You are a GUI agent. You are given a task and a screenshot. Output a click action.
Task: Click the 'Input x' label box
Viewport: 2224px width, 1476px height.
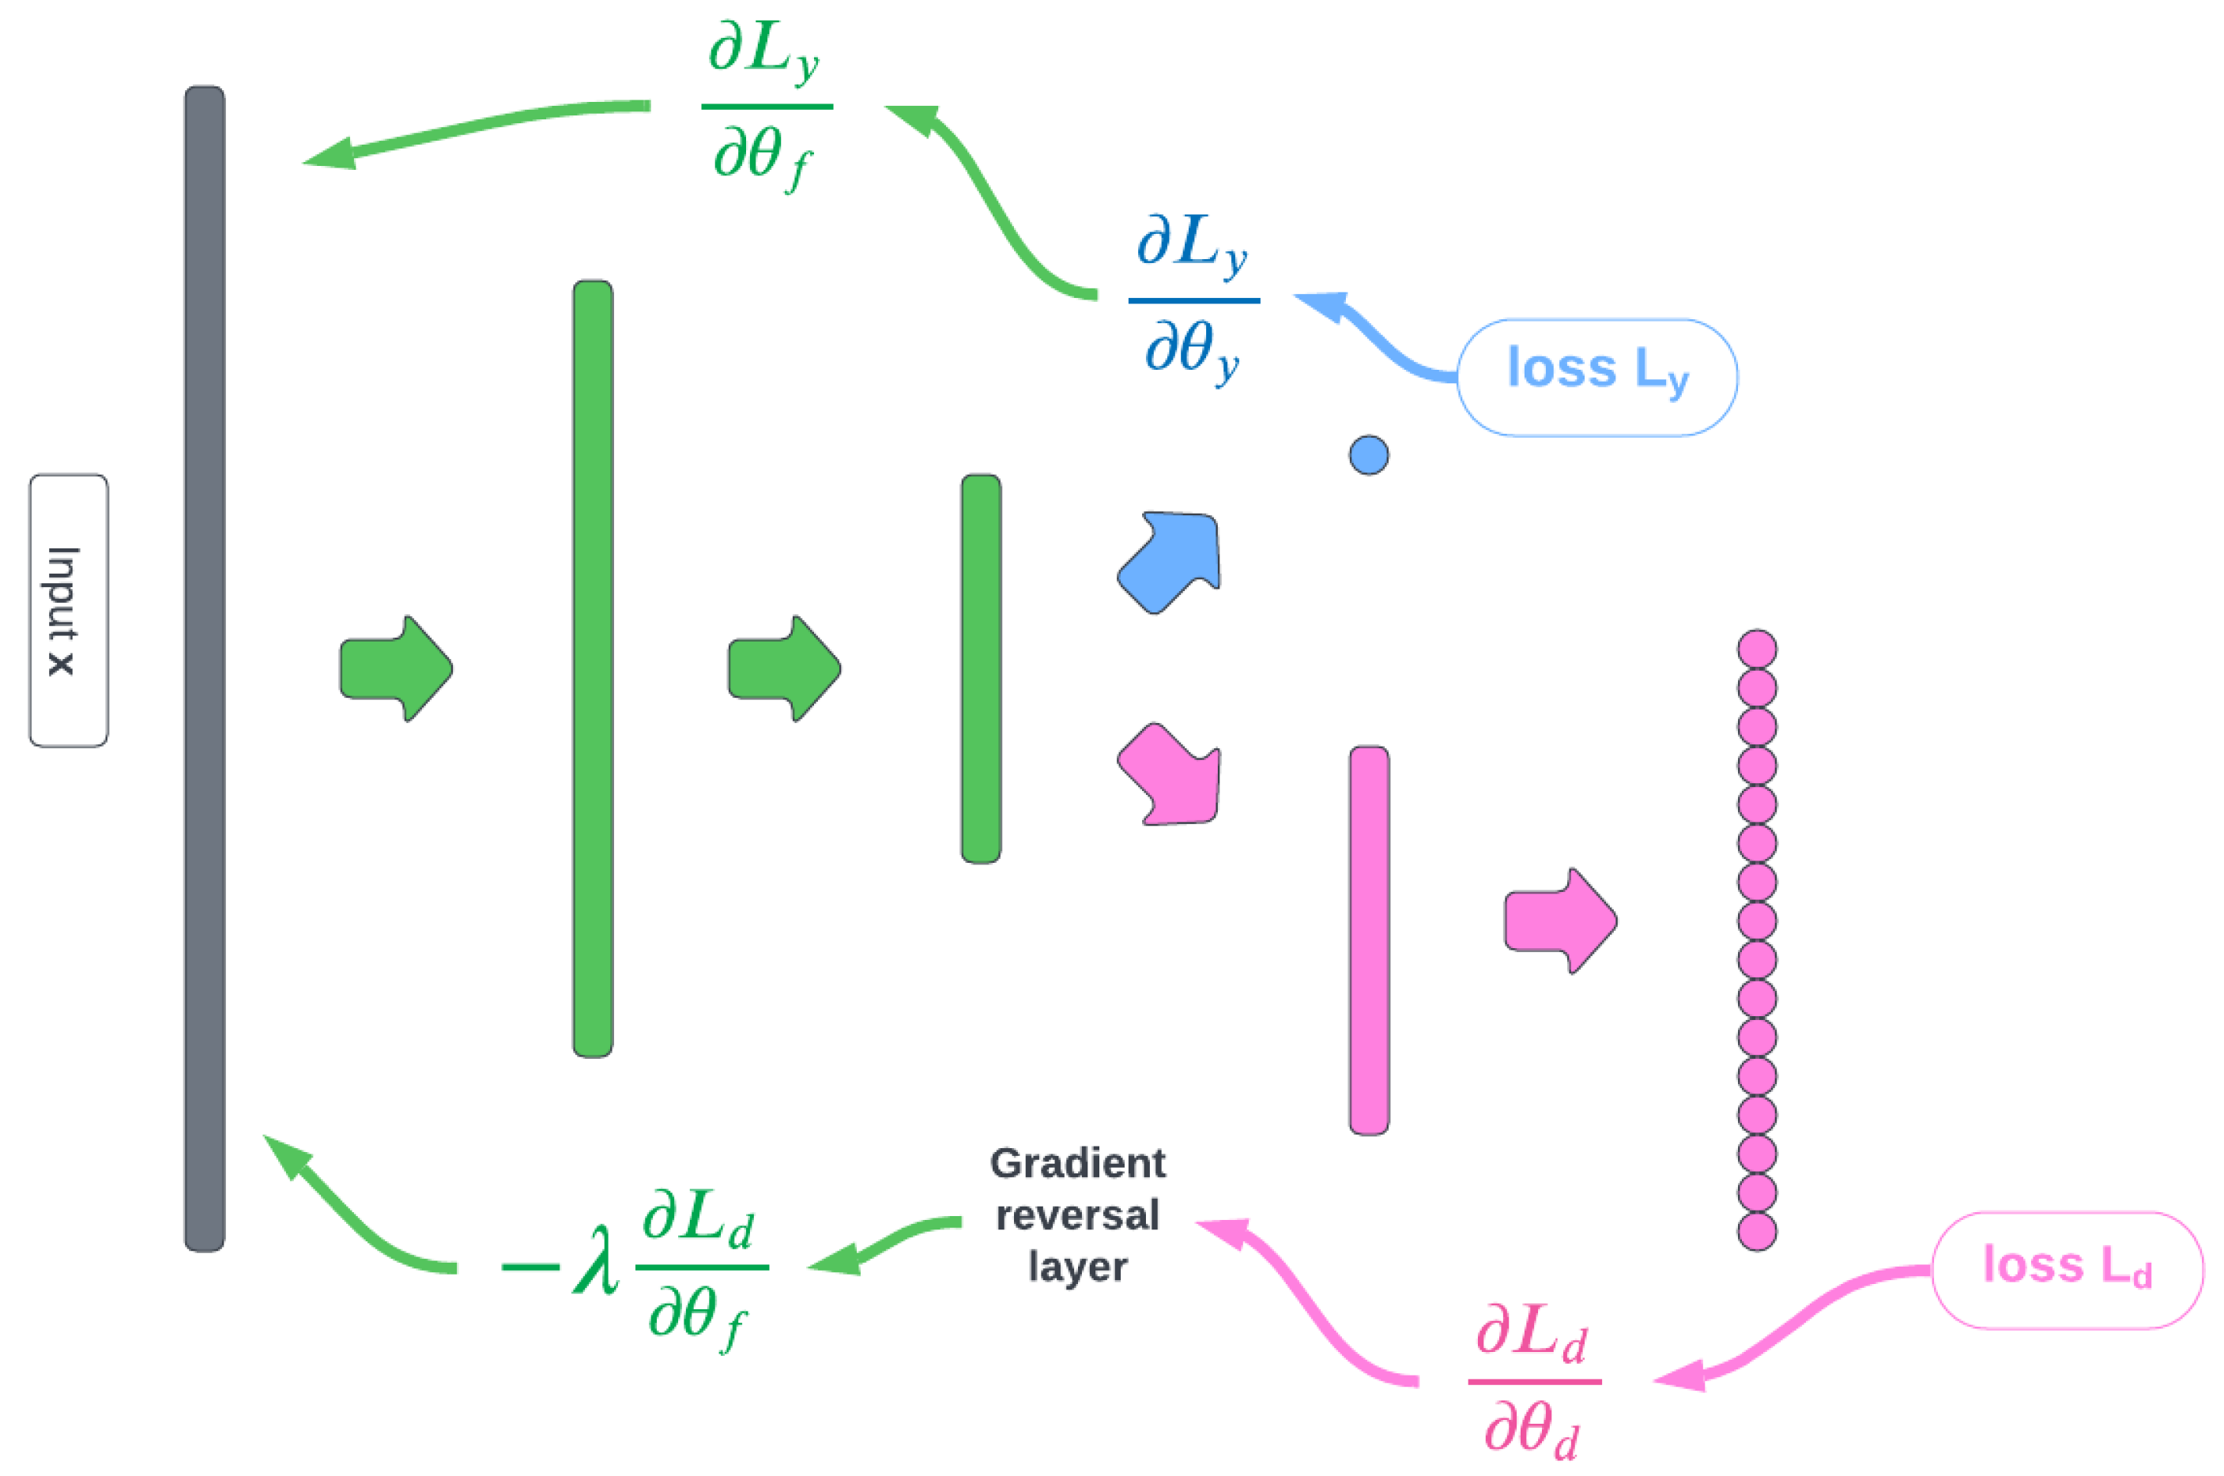click(68, 610)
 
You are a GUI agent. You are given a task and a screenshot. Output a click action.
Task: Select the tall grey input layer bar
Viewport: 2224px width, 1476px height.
click(205, 668)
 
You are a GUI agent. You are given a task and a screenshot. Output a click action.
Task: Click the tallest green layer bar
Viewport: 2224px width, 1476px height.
click(592, 668)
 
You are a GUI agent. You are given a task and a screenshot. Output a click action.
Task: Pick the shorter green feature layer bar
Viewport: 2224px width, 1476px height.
click(980, 668)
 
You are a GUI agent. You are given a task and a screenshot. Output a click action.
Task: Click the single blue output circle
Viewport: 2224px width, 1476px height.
click(1368, 456)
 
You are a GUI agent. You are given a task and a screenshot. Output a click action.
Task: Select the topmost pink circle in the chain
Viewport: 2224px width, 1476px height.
click(1756, 649)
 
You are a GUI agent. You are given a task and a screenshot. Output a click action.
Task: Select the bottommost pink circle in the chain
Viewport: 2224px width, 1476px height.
click(1756, 1230)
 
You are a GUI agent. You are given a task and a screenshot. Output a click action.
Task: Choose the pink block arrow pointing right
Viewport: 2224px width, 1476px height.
click(1559, 921)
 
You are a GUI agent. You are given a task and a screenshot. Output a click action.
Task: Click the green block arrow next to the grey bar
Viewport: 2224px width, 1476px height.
click(395, 668)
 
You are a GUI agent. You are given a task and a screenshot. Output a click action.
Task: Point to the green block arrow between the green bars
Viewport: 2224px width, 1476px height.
click(783, 668)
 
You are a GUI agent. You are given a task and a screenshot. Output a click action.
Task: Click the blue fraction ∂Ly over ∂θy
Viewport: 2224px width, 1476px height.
click(1193, 299)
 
